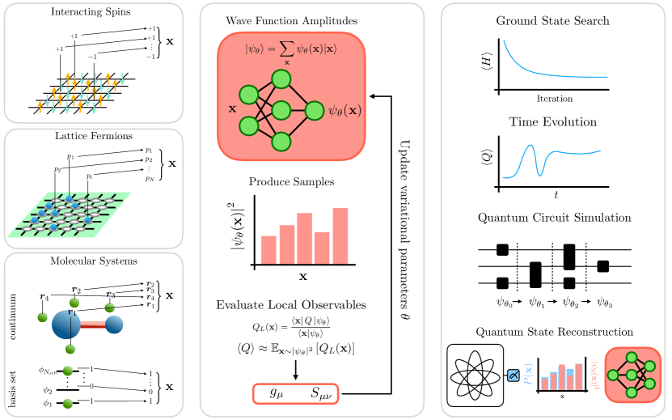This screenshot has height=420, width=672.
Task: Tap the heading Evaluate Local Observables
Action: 290,304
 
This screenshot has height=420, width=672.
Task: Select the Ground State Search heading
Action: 553,20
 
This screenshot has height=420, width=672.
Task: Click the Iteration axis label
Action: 554,99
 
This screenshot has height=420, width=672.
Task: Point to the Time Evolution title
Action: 553,121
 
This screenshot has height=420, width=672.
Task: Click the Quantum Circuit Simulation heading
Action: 553,217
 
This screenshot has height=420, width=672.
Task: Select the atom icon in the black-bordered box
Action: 475,375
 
